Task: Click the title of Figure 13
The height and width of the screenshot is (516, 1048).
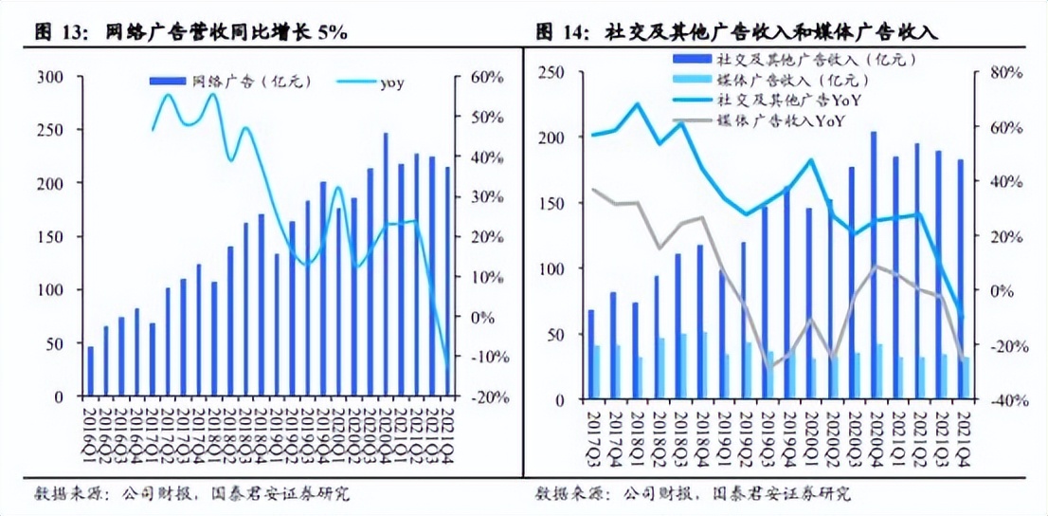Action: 190,32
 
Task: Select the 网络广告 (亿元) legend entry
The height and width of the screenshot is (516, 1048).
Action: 232,83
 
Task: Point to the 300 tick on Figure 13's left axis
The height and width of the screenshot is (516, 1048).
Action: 49,77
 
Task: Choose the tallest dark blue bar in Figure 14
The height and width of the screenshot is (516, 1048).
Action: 873,266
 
